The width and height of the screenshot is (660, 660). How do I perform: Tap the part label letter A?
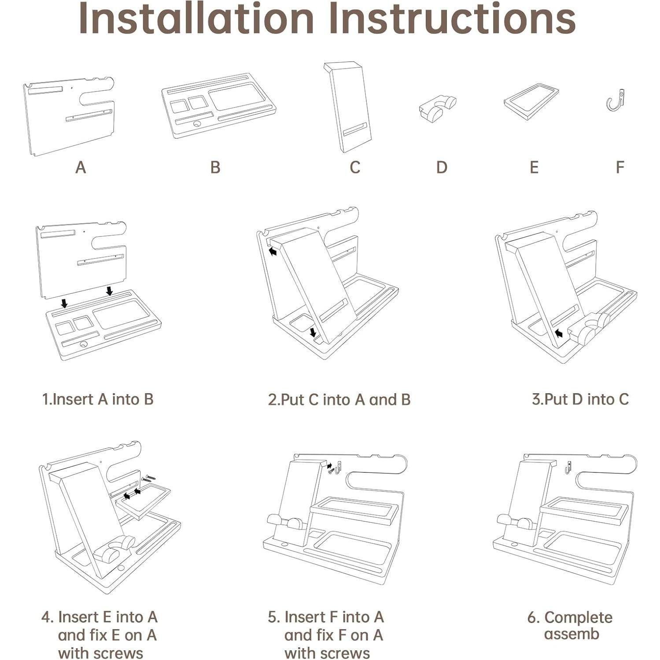pos(80,167)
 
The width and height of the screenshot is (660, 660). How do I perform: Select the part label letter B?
pos(215,167)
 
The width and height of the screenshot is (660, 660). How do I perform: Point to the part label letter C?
pos(355,167)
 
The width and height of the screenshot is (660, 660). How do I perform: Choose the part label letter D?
pos(442,167)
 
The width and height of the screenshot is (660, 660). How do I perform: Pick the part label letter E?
pos(534,167)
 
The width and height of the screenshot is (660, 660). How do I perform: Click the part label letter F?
pos(620,167)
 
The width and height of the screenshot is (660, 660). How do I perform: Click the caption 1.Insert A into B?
pos(98,399)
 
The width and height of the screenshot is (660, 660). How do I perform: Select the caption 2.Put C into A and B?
pos(339,399)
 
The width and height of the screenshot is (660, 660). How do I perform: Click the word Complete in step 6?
pos(578,618)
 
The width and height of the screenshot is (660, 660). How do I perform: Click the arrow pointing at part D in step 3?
pos(559,334)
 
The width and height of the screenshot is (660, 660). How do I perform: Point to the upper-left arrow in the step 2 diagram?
pos(273,251)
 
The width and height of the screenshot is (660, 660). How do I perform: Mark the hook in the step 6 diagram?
pos(568,468)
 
